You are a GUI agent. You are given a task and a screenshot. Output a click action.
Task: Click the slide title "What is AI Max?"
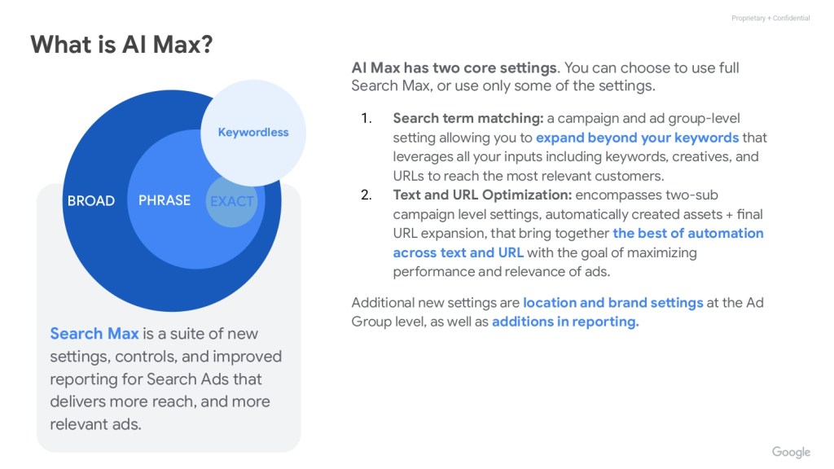point(121,44)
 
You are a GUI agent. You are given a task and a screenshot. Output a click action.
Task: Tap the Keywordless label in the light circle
point(253,133)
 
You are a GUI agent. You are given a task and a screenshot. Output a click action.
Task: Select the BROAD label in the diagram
point(91,200)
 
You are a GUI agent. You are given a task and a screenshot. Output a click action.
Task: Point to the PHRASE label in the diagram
point(165,200)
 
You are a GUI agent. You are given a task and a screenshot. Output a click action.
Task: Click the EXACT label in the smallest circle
point(231,202)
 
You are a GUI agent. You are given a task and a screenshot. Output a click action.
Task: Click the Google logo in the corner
point(791,452)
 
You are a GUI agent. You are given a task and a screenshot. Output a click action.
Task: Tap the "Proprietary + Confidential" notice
point(770,18)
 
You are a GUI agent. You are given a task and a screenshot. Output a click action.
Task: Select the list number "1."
point(367,118)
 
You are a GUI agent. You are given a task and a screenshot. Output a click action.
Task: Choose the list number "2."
point(367,195)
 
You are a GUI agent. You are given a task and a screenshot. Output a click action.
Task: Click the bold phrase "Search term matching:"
point(468,119)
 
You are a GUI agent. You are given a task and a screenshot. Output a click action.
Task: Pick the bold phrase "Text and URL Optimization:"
point(482,195)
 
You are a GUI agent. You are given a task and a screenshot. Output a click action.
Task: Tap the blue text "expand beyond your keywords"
point(637,138)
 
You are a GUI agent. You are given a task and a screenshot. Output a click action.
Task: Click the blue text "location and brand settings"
point(613,303)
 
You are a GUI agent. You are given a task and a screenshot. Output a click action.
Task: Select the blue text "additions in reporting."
point(565,322)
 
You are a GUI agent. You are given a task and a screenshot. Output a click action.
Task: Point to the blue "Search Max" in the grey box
point(94,333)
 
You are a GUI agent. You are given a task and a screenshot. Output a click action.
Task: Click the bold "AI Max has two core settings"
point(454,68)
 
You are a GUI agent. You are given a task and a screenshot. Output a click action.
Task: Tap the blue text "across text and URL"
point(459,252)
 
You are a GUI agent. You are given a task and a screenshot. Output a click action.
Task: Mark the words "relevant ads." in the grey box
point(96,424)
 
